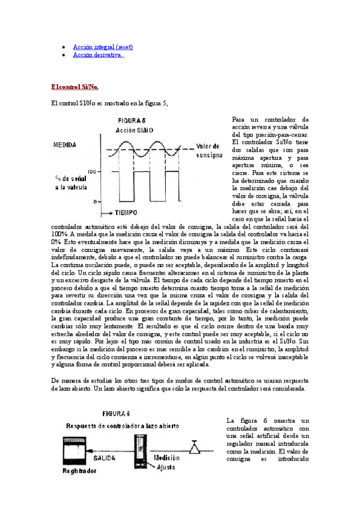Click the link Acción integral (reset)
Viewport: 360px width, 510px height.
coord(103,46)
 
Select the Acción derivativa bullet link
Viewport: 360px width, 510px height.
coord(99,55)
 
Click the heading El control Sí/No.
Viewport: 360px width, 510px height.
coord(75,87)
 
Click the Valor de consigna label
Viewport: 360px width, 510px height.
coord(209,150)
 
